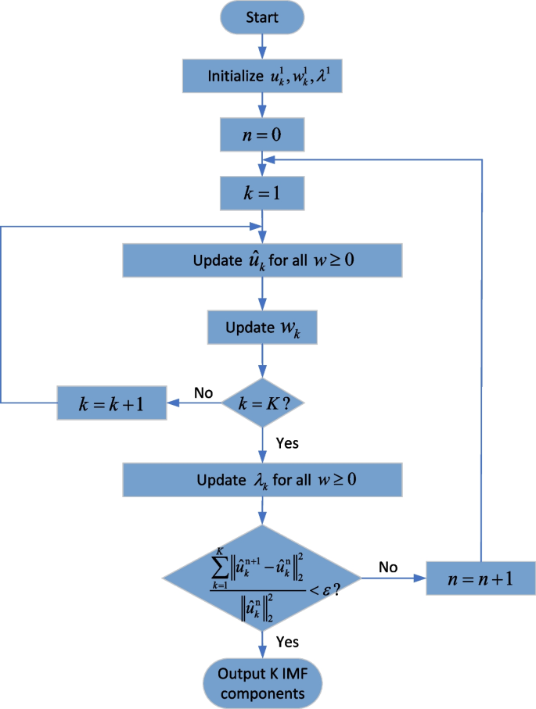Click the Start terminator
(262, 18)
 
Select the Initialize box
(262, 76)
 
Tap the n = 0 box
(262, 134)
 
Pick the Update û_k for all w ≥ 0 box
(262, 259)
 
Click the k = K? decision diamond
(262, 404)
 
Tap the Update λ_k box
(262, 478)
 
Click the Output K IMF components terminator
(262, 683)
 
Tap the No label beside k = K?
(203, 392)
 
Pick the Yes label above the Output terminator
(286, 642)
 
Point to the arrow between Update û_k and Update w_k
(262, 292)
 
